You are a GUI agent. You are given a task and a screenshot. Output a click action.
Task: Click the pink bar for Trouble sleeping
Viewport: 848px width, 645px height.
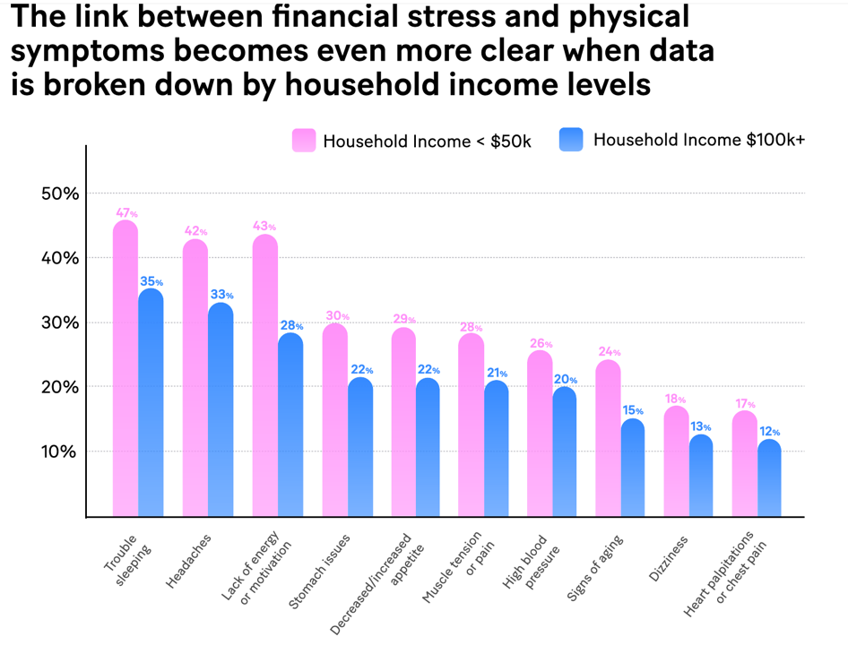click(125, 367)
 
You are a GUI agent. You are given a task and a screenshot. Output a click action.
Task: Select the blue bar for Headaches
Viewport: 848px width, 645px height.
click(221, 408)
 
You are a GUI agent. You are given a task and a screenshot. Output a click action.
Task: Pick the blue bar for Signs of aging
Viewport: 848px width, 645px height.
click(633, 467)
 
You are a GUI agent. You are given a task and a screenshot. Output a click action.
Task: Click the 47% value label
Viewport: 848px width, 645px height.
click(126, 213)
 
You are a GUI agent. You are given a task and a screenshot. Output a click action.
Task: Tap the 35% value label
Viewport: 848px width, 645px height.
click(151, 281)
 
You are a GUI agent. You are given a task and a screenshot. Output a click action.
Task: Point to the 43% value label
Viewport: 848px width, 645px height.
click(265, 227)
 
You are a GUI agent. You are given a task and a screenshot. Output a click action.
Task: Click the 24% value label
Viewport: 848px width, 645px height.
click(610, 352)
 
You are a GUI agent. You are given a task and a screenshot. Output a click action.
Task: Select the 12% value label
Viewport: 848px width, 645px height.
click(770, 432)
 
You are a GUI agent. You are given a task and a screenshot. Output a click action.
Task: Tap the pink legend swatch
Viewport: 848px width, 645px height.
click(304, 141)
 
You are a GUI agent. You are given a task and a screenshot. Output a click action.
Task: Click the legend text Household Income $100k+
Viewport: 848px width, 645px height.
click(699, 140)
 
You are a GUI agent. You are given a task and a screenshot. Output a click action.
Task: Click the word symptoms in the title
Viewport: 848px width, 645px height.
click(89, 51)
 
